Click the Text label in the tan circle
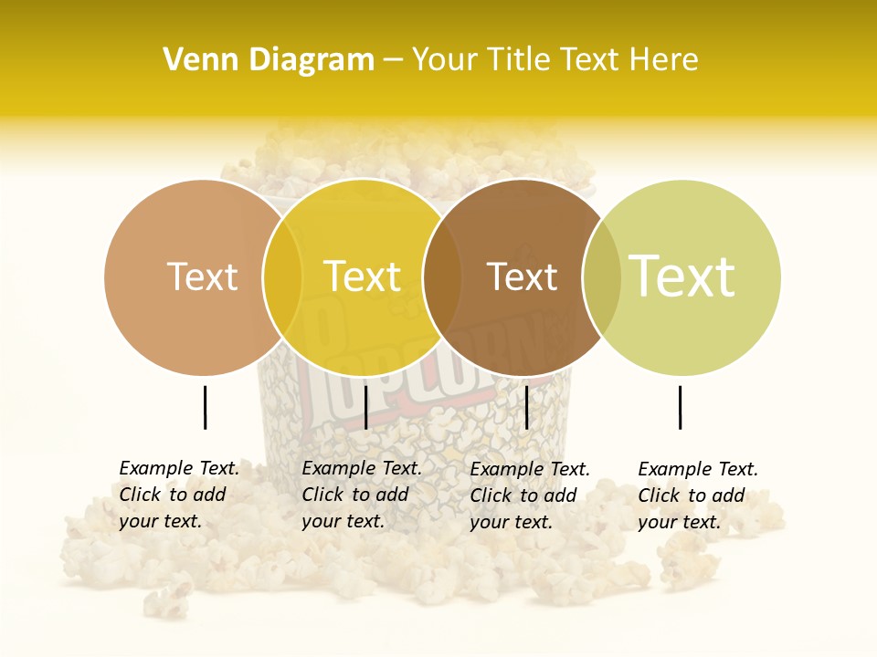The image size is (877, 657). pos(202,276)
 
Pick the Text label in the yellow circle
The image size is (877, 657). pos(362,276)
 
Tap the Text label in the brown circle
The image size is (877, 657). pos(522,276)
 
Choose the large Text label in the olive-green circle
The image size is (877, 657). pos(682,276)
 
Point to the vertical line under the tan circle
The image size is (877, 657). pos(206,407)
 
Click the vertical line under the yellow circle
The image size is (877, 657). pos(365,407)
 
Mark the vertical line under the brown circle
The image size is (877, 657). pos(527,407)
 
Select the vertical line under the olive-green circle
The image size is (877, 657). pos(681,407)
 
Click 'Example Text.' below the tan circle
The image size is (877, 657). pos(179,468)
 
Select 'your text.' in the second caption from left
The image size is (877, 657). pos(343,521)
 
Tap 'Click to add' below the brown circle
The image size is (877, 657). pos(523,495)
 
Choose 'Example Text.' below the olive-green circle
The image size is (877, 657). pos(698,469)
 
